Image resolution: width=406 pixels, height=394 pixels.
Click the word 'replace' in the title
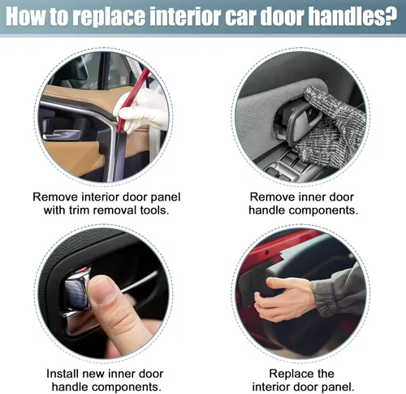point(109,17)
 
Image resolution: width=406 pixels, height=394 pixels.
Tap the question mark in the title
point(391,15)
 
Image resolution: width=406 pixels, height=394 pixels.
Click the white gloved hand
point(142,111)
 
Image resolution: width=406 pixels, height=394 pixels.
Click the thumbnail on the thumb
point(106,291)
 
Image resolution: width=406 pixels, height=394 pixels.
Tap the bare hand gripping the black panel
point(284,298)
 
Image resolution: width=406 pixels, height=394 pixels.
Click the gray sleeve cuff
point(323,298)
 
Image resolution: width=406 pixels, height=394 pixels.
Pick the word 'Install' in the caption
point(63,374)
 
